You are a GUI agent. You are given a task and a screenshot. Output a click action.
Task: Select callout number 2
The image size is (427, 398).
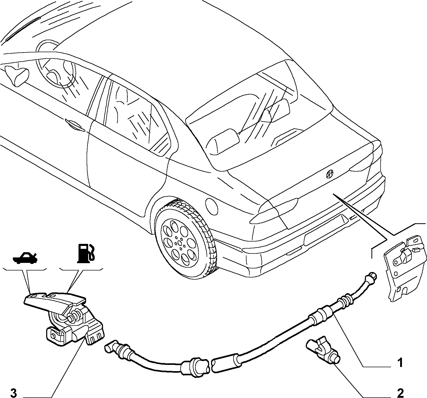400,392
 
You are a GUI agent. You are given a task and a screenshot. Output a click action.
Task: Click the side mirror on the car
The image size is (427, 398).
17,75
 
